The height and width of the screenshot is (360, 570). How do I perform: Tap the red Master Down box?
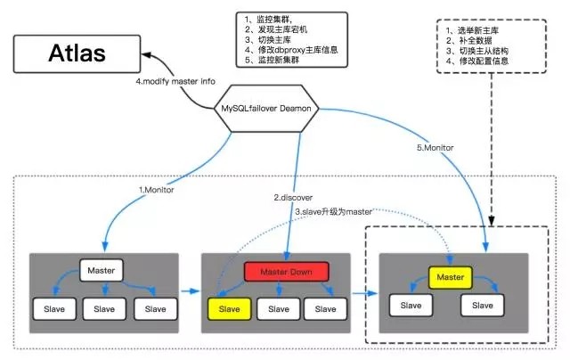point(287,270)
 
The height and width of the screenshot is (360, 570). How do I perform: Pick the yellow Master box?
point(450,277)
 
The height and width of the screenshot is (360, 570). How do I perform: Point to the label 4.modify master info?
point(176,82)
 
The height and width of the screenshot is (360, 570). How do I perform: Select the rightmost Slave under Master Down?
point(326,308)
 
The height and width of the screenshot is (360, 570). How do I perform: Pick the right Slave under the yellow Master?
point(482,306)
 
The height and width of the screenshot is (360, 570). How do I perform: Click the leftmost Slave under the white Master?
point(53,308)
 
